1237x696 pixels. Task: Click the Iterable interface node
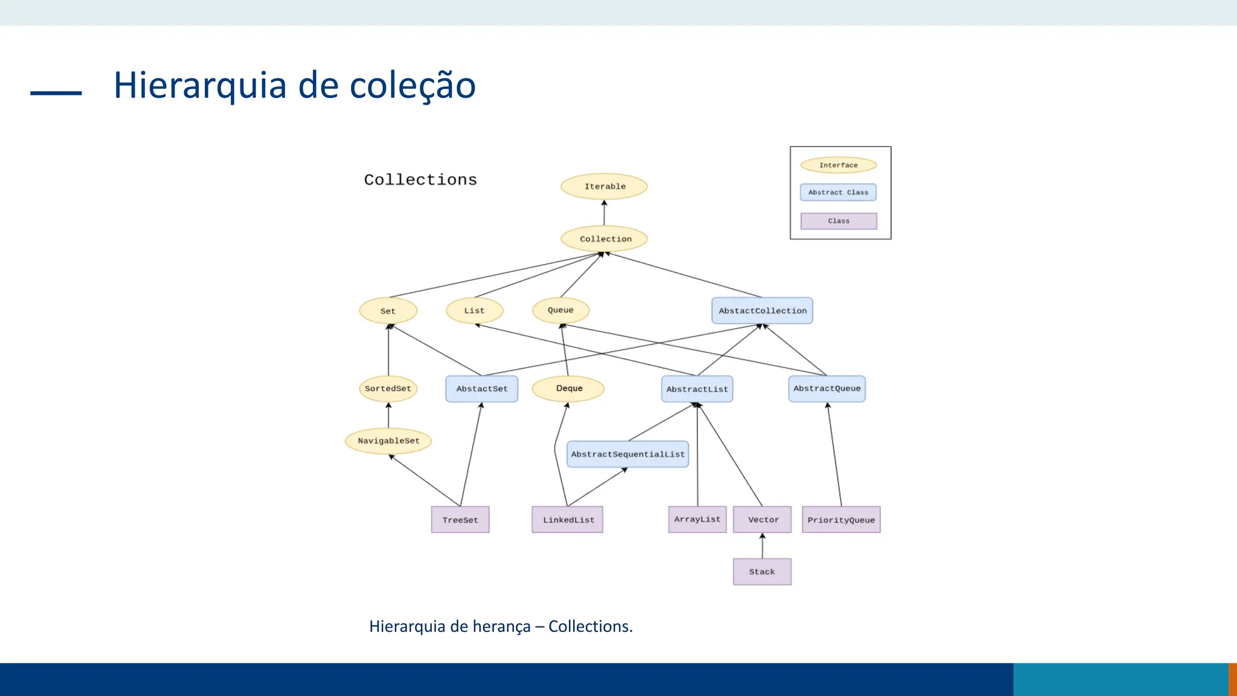(604, 186)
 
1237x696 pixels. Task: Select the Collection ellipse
(604, 239)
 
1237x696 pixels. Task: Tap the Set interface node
(388, 311)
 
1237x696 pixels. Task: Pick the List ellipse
(474, 311)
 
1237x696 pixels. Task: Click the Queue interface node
(561, 310)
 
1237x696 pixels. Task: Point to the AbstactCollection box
(762, 311)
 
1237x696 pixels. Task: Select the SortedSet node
(388, 388)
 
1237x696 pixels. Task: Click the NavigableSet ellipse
(388, 440)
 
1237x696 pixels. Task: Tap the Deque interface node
(568, 388)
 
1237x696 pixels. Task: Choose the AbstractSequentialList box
(628, 454)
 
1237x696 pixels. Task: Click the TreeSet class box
(460, 520)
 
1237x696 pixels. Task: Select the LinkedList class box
(567, 520)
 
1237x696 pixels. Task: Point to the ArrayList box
(697, 519)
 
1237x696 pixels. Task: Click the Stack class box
(762, 572)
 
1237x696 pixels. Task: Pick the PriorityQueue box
(841, 520)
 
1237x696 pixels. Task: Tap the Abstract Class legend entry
(838, 192)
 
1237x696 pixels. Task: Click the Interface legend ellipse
(838, 165)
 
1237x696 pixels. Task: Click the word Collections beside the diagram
(420, 179)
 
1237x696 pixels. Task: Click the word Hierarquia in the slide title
(199, 85)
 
